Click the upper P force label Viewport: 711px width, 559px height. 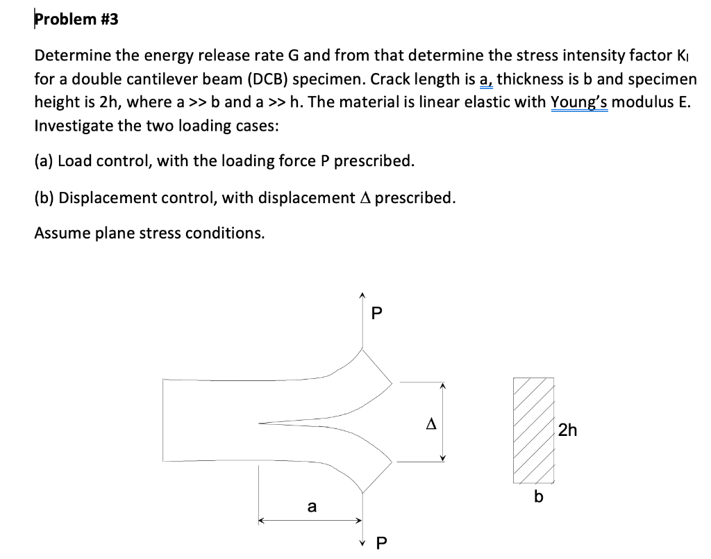click(x=376, y=314)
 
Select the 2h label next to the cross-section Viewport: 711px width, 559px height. click(x=567, y=430)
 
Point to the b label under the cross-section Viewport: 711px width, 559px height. click(x=537, y=497)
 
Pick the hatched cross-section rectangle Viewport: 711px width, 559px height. click(x=534, y=430)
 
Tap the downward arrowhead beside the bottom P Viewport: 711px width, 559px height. click(x=361, y=540)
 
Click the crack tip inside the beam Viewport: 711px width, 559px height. click(x=260, y=421)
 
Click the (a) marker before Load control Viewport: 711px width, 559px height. click(x=44, y=161)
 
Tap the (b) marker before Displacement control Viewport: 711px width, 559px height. click(x=44, y=197)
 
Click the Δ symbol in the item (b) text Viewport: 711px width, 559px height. click(x=366, y=197)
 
